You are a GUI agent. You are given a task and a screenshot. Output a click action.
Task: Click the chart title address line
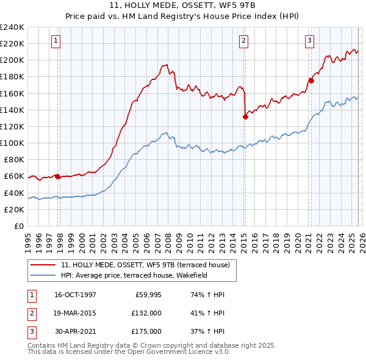tap(183, 5)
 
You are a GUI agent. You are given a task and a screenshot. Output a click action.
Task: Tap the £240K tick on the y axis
tap(12, 27)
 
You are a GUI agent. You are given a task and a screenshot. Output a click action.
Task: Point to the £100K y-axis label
tap(12, 143)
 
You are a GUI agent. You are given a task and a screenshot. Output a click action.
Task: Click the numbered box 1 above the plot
tap(56, 41)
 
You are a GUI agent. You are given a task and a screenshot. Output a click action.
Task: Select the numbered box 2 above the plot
tap(243, 41)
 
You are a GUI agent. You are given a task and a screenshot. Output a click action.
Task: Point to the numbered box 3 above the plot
tap(309, 41)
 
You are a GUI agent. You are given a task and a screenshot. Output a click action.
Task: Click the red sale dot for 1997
tap(57, 176)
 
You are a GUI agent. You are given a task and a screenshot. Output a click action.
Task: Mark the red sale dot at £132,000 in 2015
tap(245, 117)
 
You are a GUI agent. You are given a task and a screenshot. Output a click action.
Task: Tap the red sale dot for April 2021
tap(311, 81)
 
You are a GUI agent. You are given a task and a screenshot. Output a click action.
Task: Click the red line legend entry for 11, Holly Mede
tap(145, 265)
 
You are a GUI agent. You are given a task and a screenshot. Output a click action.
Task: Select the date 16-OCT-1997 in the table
tap(76, 295)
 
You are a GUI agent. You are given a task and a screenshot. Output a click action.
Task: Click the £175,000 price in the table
tap(146, 331)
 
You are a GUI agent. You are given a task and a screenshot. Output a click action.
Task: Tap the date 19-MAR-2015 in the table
tap(76, 313)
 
